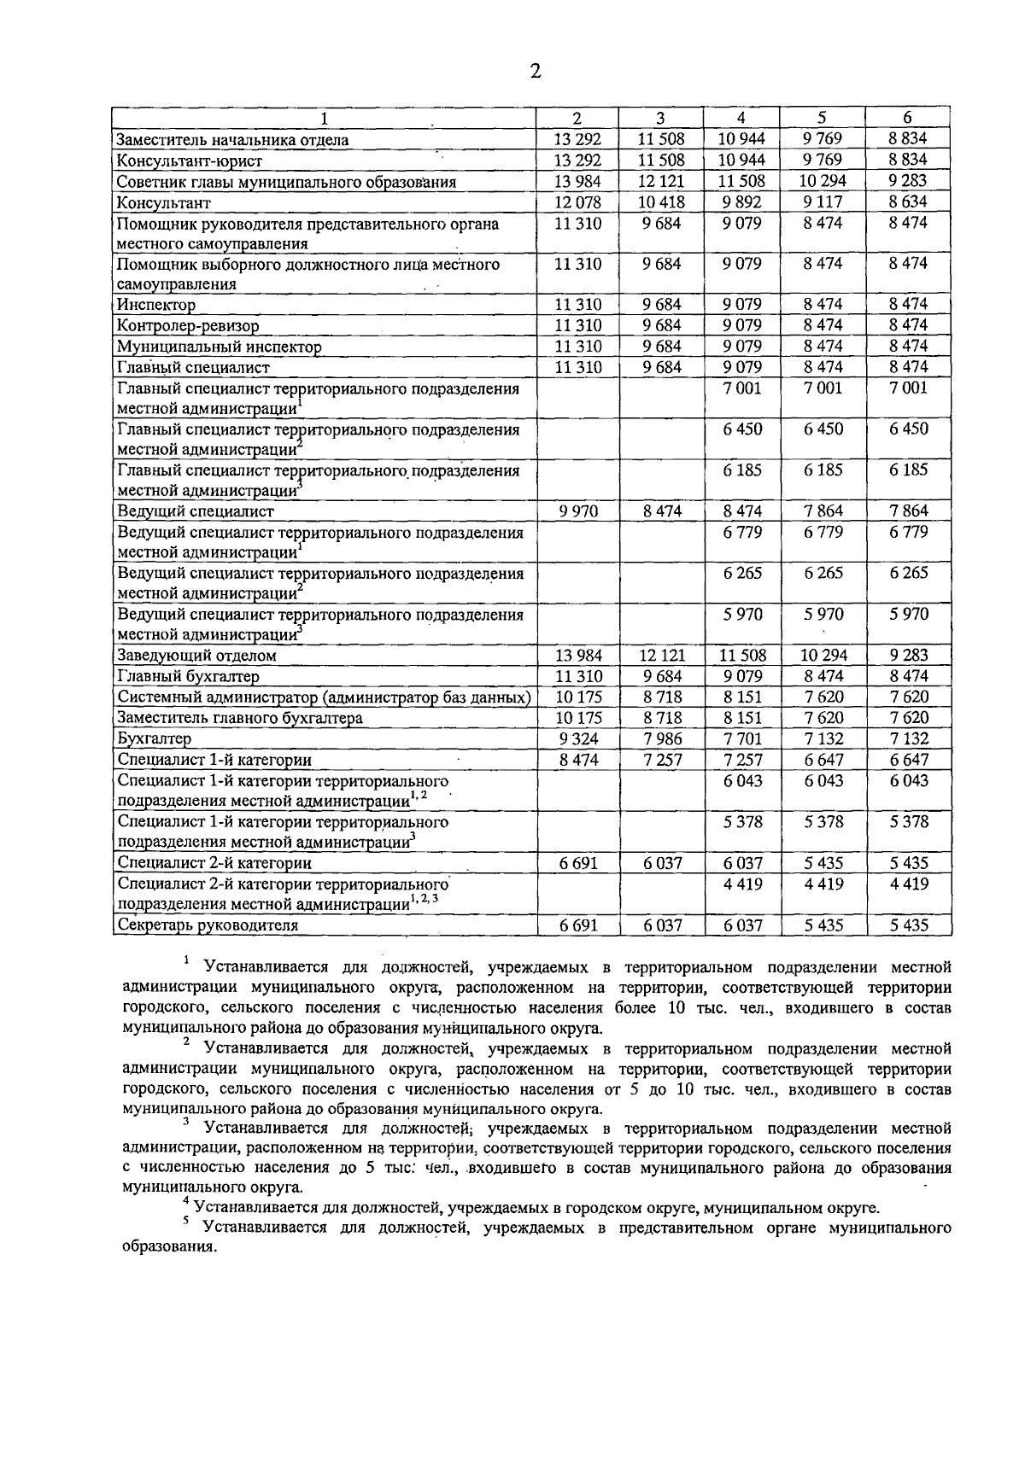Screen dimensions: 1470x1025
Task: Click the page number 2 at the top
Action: point(536,71)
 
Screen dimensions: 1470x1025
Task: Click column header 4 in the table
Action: point(741,119)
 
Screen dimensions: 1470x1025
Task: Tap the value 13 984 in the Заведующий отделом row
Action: point(578,656)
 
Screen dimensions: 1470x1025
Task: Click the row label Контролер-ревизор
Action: point(188,326)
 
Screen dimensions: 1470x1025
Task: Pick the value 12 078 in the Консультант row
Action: point(578,202)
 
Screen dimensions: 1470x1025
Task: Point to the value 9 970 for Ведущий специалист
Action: point(578,511)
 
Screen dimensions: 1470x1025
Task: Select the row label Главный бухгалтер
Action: point(188,677)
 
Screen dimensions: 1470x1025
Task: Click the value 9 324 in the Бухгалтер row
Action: point(578,738)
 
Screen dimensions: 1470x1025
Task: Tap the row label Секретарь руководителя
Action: point(208,925)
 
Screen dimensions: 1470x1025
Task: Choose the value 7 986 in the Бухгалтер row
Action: point(662,738)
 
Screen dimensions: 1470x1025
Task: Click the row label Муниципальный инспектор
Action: point(220,347)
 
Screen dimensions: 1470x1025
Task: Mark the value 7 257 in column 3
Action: point(662,760)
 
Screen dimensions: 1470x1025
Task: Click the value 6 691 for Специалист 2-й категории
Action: point(578,863)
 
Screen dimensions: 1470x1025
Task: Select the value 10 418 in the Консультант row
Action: point(662,202)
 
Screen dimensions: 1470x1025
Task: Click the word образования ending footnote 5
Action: point(170,1247)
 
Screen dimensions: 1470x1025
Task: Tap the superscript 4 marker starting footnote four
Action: point(187,1201)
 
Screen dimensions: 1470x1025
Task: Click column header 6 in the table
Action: point(908,119)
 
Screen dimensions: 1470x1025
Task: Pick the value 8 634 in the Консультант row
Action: point(908,202)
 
